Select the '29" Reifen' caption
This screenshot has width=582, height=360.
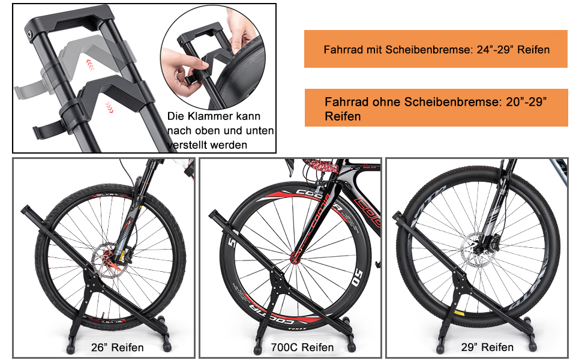(488, 347)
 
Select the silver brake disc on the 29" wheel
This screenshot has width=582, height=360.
(476, 255)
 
